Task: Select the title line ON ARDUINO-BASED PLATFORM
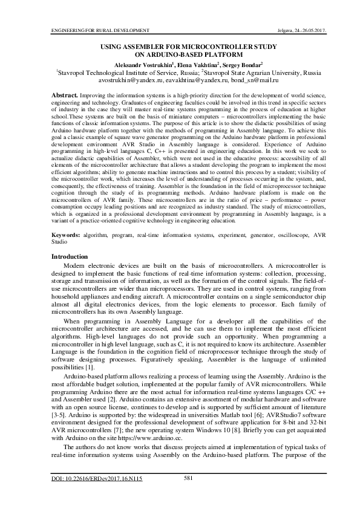(180, 54)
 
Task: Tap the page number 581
(188, 478)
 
